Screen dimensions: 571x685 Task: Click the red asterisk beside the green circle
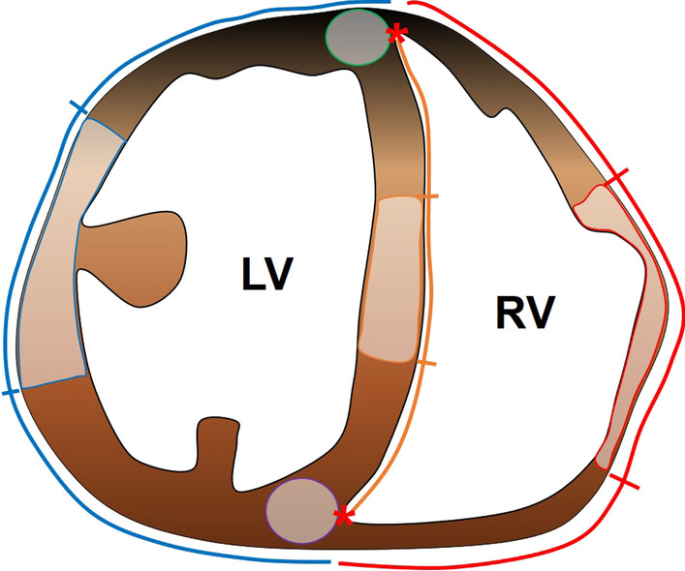395,35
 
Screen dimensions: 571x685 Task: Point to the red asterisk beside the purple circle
341,515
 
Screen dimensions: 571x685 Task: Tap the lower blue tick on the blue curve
11,392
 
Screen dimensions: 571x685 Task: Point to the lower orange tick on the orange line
426,364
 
